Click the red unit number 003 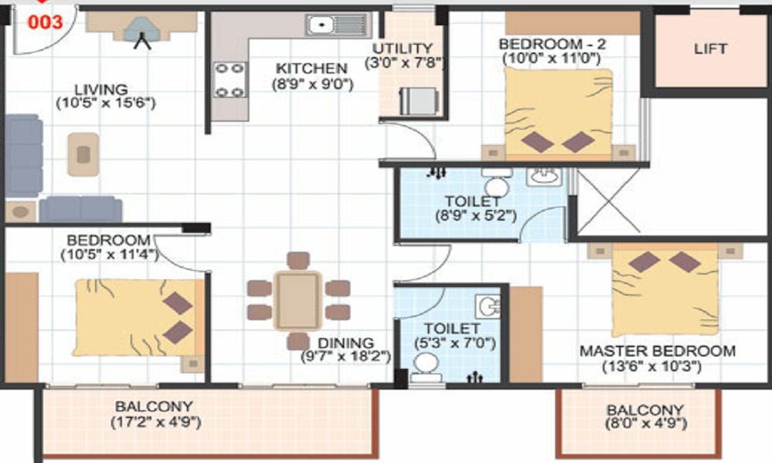pos(45,22)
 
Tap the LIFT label pos(710,49)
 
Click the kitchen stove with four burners pos(229,79)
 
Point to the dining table pos(299,300)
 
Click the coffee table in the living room pos(83,154)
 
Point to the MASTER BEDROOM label pos(657,351)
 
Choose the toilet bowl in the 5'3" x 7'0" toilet pos(425,367)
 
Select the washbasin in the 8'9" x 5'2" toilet pos(547,177)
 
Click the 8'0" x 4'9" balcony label pos(645,424)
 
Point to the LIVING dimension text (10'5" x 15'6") pos(106,102)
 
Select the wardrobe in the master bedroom pos(526,333)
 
